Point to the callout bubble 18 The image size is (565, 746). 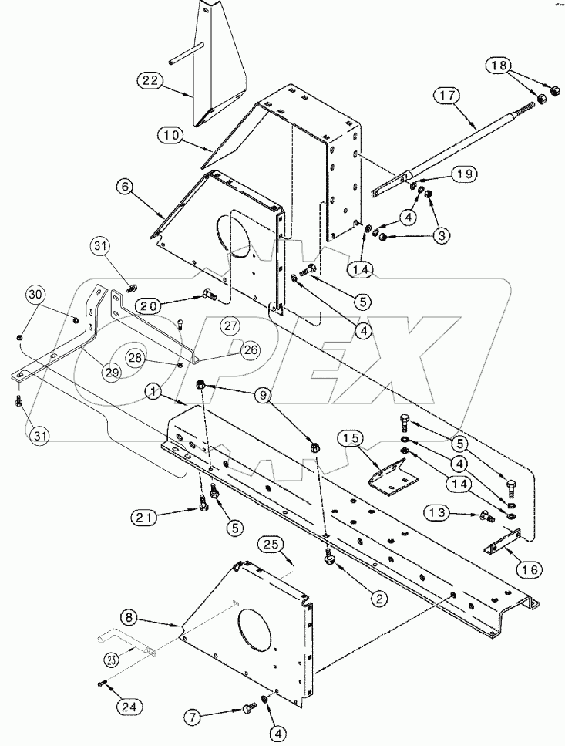pos(496,67)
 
